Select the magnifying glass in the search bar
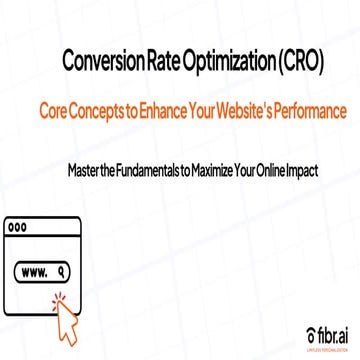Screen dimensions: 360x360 pyautogui.click(x=63, y=270)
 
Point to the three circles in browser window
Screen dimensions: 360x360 pyautogui.click(x=17, y=227)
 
